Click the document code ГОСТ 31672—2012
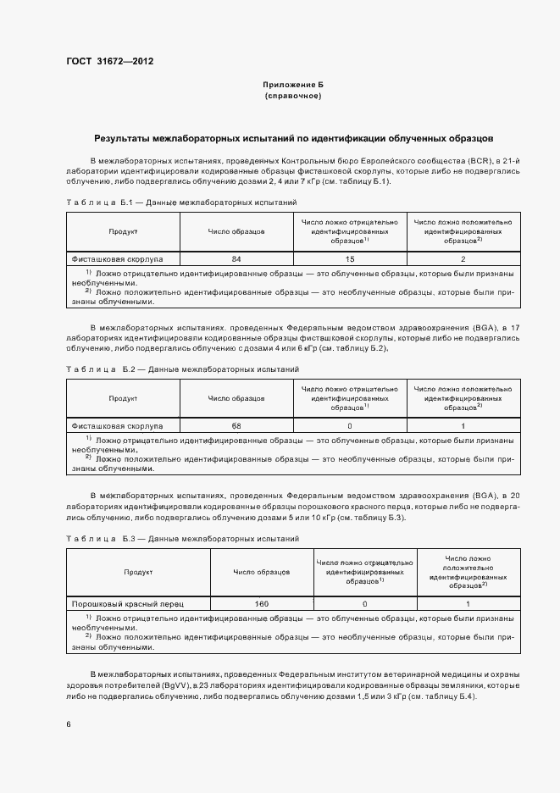(109, 61)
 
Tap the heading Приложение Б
(293, 86)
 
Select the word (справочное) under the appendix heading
(293, 97)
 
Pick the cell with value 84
(236, 258)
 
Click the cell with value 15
(350, 258)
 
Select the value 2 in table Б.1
(463, 258)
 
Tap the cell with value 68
(236, 425)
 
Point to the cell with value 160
(261, 604)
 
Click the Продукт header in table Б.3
(138, 572)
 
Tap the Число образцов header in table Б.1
(236, 230)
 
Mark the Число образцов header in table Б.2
(236, 397)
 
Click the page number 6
(69, 724)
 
